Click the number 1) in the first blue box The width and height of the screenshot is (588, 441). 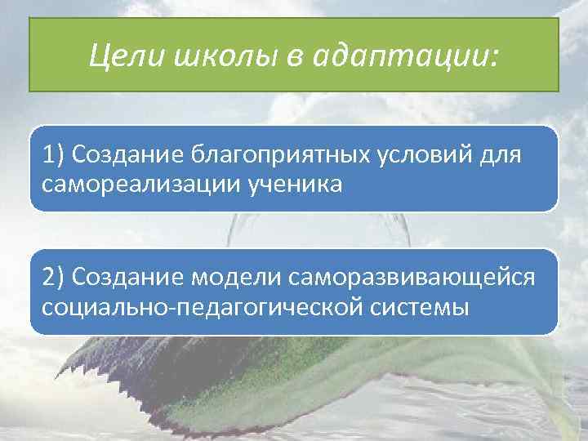[55, 154]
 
